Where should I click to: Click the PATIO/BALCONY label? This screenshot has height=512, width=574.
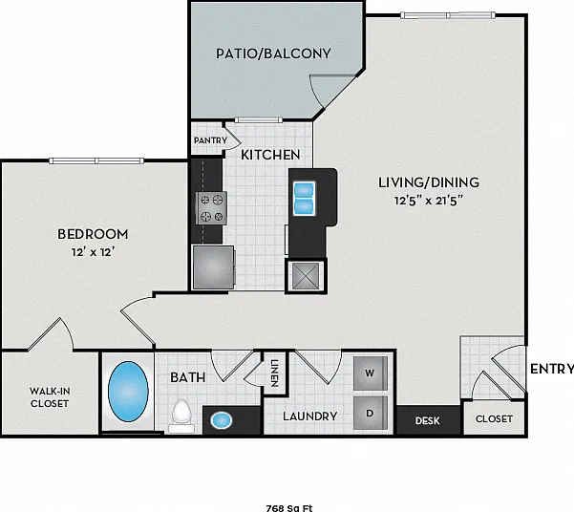273,53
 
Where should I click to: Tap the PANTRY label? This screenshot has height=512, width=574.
210,140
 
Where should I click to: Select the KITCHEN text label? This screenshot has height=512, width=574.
270,155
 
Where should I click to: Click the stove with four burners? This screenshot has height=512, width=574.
211,208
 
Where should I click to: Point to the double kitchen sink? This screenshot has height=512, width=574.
304,198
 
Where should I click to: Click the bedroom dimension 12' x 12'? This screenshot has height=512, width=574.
93,252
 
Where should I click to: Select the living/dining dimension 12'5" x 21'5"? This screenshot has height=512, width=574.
429,201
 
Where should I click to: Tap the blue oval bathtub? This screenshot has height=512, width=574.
128,392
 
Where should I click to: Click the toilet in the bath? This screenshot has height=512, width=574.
181,416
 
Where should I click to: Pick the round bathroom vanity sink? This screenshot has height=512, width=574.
222,420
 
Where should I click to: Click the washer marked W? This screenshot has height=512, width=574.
371,373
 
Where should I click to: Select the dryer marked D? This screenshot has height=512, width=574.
371,413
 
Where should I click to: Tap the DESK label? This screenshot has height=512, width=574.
427,421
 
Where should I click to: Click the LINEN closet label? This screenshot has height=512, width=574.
275,373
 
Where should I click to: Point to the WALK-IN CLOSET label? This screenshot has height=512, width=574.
50,397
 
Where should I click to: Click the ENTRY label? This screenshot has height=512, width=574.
552,369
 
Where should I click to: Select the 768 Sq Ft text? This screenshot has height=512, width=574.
289,508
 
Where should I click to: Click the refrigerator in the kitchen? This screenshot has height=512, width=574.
213,267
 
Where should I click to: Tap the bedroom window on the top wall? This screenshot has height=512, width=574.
96,160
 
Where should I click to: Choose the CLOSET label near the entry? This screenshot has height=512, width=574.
494,418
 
